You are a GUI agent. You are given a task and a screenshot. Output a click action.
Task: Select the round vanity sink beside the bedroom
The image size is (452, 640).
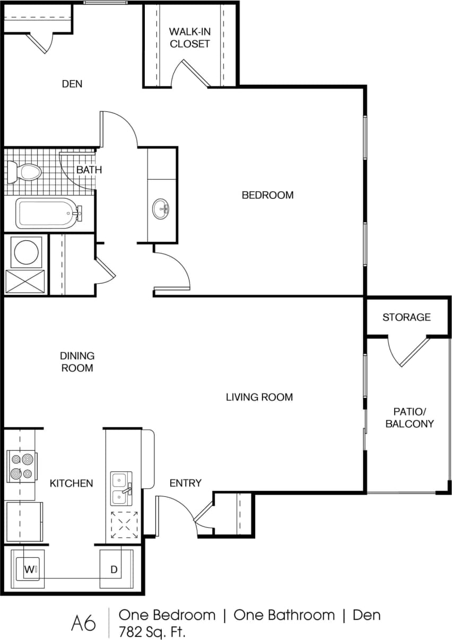161,208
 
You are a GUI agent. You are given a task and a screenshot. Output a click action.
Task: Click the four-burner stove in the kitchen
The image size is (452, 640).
21,466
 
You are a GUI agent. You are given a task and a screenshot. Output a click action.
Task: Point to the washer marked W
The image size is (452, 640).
29,569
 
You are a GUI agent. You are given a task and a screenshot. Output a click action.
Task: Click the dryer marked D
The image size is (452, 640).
113,569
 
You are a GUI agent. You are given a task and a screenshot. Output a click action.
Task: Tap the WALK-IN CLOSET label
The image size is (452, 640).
189,38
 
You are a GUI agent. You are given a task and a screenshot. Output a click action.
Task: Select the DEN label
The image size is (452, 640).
72,84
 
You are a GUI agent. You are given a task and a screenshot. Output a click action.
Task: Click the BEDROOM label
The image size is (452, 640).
267,195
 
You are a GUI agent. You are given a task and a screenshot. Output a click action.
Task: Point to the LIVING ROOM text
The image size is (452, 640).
259,397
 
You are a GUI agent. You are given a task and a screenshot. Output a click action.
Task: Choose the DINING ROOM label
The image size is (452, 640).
77,362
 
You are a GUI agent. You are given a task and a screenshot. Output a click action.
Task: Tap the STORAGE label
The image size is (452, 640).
406,317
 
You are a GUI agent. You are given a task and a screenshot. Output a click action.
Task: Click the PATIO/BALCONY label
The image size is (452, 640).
409,417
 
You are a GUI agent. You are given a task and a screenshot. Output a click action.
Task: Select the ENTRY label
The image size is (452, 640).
185,483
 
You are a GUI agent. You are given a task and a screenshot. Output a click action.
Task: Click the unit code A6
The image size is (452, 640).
84,623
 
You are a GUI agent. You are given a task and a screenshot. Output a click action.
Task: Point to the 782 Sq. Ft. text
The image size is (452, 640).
152,631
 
